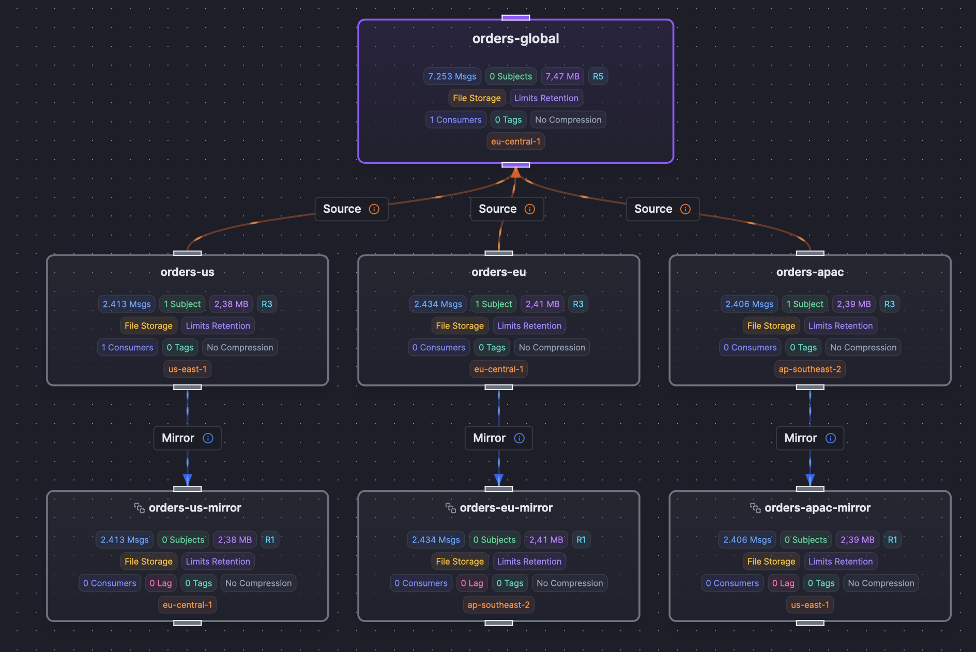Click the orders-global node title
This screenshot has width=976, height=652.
(515, 39)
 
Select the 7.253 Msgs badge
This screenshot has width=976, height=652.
(452, 76)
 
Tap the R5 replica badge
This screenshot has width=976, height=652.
(598, 76)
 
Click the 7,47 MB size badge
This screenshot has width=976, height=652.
(562, 76)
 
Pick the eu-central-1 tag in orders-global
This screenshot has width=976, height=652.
(515, 142)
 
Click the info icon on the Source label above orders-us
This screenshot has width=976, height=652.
(374, 209)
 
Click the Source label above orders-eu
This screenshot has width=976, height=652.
(497, 209)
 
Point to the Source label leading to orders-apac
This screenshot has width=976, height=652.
(653, 209)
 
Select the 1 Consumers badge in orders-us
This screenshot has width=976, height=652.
(127, 348)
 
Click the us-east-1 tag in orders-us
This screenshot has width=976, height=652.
(187, 369)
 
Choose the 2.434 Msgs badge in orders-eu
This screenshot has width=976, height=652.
(438, 304)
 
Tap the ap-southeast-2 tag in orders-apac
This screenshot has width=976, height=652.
(810, 369)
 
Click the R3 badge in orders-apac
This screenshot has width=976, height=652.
(889, 304)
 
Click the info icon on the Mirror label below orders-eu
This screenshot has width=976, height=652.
(520, 438)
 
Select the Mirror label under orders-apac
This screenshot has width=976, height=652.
(800, 438)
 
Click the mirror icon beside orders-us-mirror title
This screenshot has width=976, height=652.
(139, 508)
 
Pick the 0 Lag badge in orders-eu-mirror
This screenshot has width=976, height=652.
(472, 583)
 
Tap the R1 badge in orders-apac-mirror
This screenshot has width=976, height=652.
(892, 540)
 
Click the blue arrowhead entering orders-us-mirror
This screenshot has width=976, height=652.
(187, 480)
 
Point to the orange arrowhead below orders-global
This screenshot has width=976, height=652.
(515, 173)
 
